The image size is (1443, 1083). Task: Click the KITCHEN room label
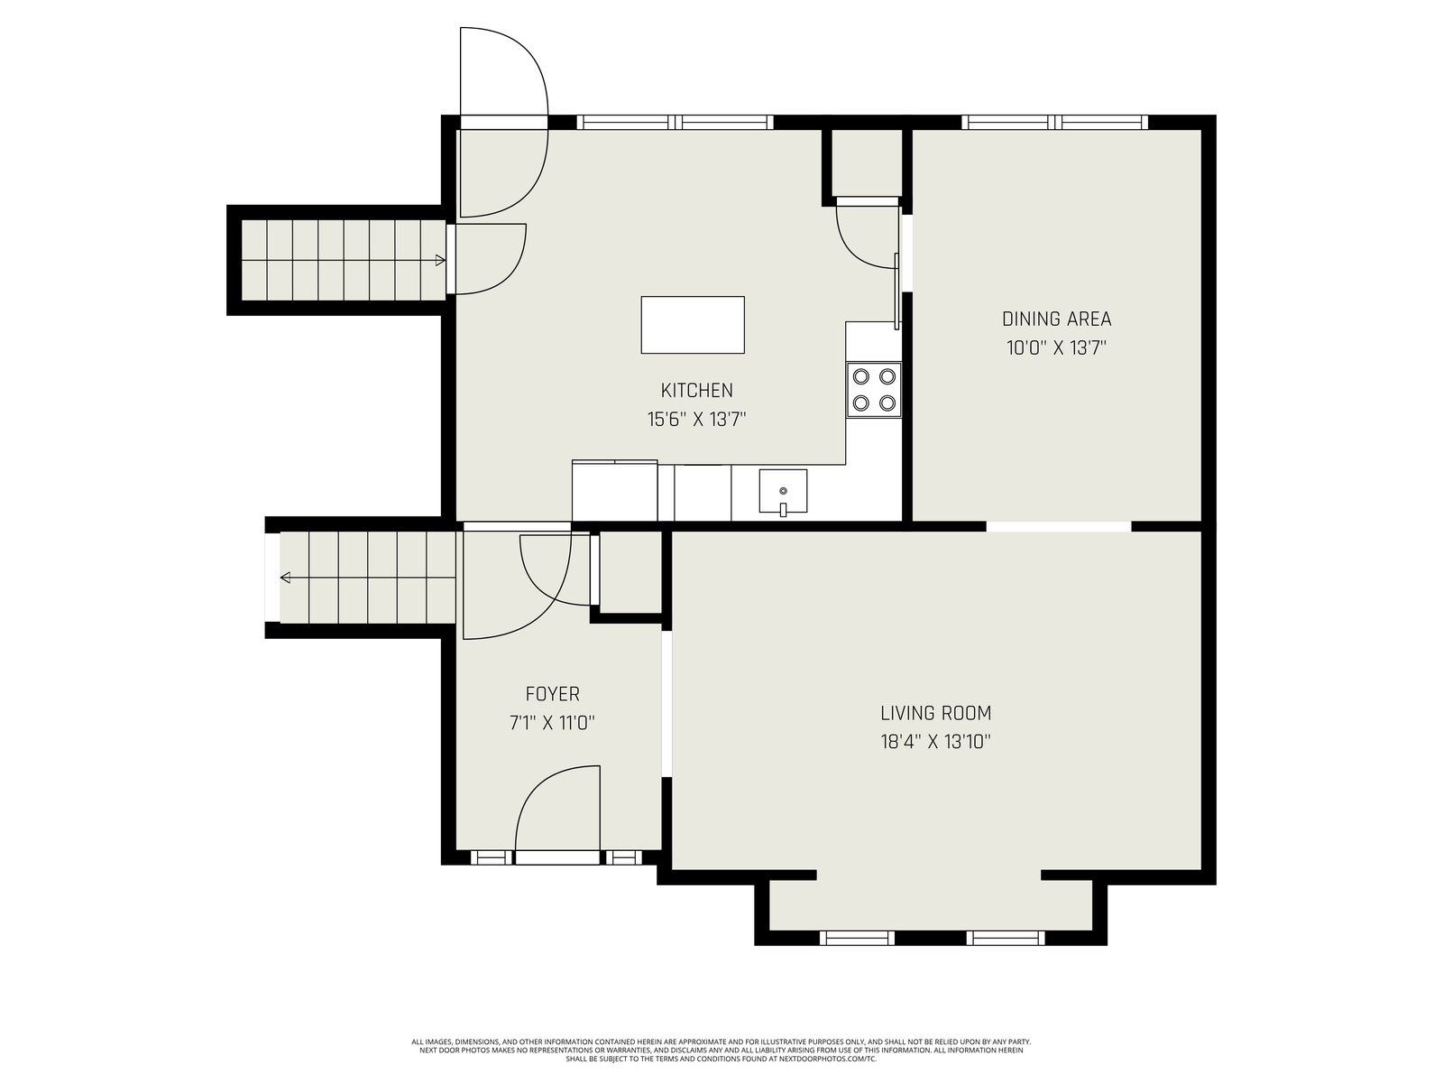pos(696,390)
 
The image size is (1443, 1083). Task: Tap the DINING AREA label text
pos(1056,319)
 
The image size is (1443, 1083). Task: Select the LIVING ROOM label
pos(935,713)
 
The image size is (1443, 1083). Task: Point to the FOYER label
pos(552,694)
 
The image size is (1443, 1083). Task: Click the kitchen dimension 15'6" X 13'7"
pos(697,419)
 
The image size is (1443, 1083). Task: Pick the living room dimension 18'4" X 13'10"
pos(935,742)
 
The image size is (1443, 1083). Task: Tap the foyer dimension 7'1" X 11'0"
pos(552,723)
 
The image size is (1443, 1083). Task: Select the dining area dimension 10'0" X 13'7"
pos(1056,347)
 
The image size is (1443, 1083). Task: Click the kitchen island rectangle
pos(693,325)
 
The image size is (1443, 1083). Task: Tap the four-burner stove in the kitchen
pos(874,389)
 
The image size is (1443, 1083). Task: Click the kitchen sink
pos(783,491)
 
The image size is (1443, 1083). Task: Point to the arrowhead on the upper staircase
pos(440,261)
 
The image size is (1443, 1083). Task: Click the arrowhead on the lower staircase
pos(285,578)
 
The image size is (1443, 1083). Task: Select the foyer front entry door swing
pos(557,809)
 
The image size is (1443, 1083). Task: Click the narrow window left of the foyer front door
pos(492,857)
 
